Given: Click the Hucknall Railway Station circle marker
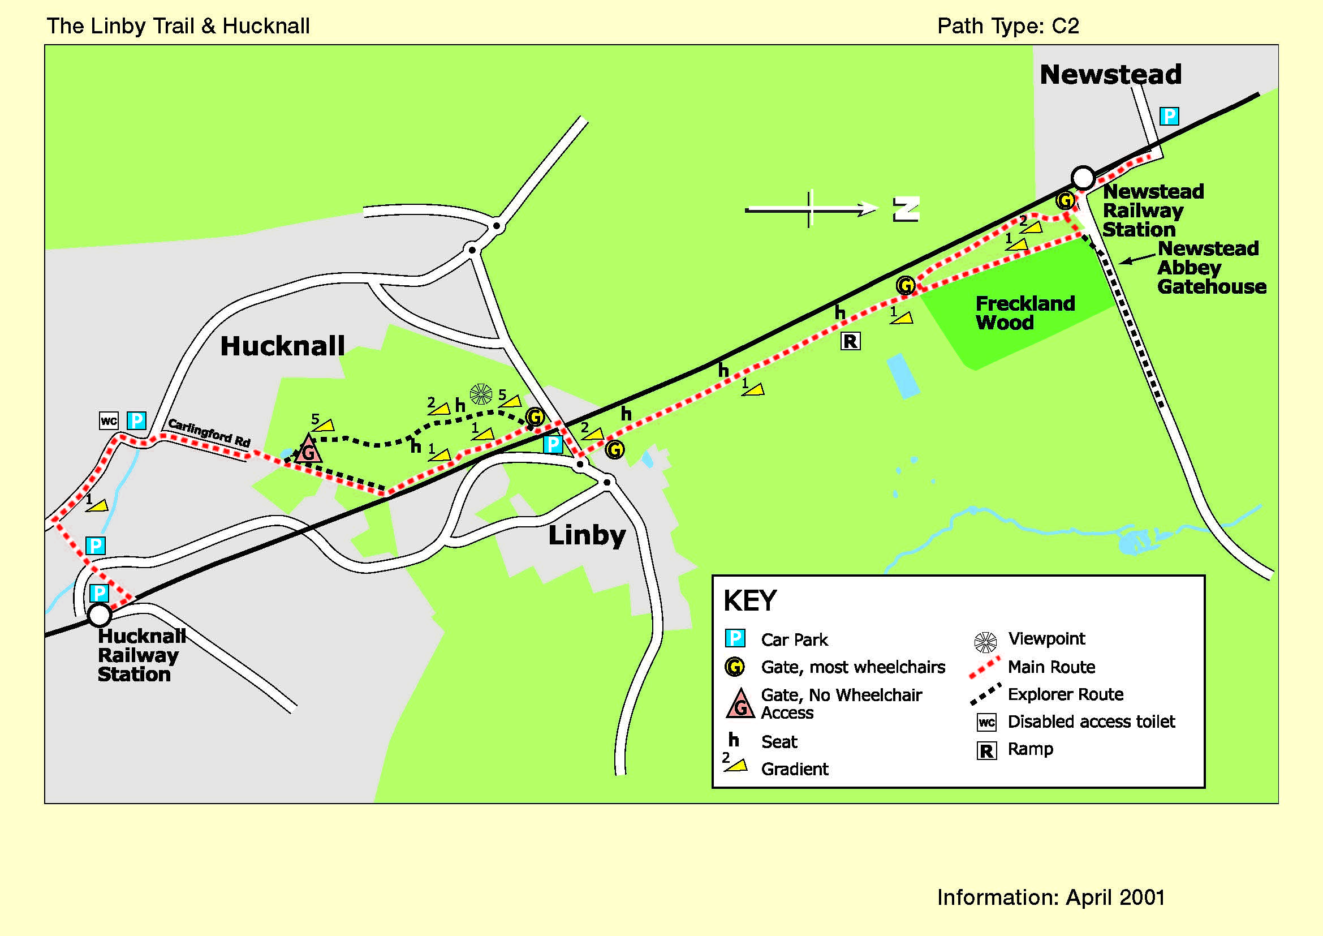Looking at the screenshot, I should tap(99, 615).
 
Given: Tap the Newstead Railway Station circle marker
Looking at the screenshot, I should tap(1083, 178).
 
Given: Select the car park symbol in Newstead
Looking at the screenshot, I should tap(1169, 116).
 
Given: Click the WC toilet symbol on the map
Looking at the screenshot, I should tap(109, 420).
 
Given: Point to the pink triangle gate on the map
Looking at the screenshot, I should tap(308, 449).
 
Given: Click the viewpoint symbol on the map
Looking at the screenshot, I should tap(481, 394).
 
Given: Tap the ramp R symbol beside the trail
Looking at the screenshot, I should tap(851, 341).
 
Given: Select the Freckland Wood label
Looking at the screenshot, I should tap(1025, 312).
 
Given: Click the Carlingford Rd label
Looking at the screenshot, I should tap(209, 433).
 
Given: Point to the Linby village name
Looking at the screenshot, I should tap(587, 535).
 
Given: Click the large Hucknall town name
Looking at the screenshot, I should tap(282, 346).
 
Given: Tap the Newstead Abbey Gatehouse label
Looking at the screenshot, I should tap(1211, 268).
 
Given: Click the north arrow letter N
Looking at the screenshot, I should tap(906, 209).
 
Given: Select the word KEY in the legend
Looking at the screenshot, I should tap(750, 600).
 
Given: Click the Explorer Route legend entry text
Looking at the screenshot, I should tap(1066, 694).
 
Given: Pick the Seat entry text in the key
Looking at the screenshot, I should tap(779, 742).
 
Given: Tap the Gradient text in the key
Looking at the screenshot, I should tap(795, 769).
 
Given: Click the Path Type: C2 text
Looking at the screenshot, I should tap(1008, 26).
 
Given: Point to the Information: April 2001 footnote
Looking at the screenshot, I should tap(1051, 898).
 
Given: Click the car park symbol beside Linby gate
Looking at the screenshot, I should tap(553, 444).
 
